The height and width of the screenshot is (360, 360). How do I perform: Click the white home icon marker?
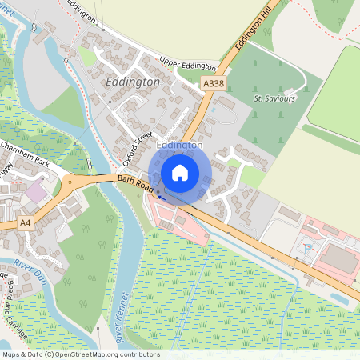click(x=179, y=173)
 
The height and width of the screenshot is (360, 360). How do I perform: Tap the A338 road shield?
click(x=213, y=83)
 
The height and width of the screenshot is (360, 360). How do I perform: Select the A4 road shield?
click(x=26, y=222)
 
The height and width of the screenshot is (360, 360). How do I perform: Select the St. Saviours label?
click(x=274, y=98)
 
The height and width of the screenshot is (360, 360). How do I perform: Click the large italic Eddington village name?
click(x=132, y=82)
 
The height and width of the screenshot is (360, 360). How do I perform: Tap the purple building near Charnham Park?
click(x=36, y=192)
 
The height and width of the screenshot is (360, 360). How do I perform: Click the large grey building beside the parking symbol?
click(x=338, y=259)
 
